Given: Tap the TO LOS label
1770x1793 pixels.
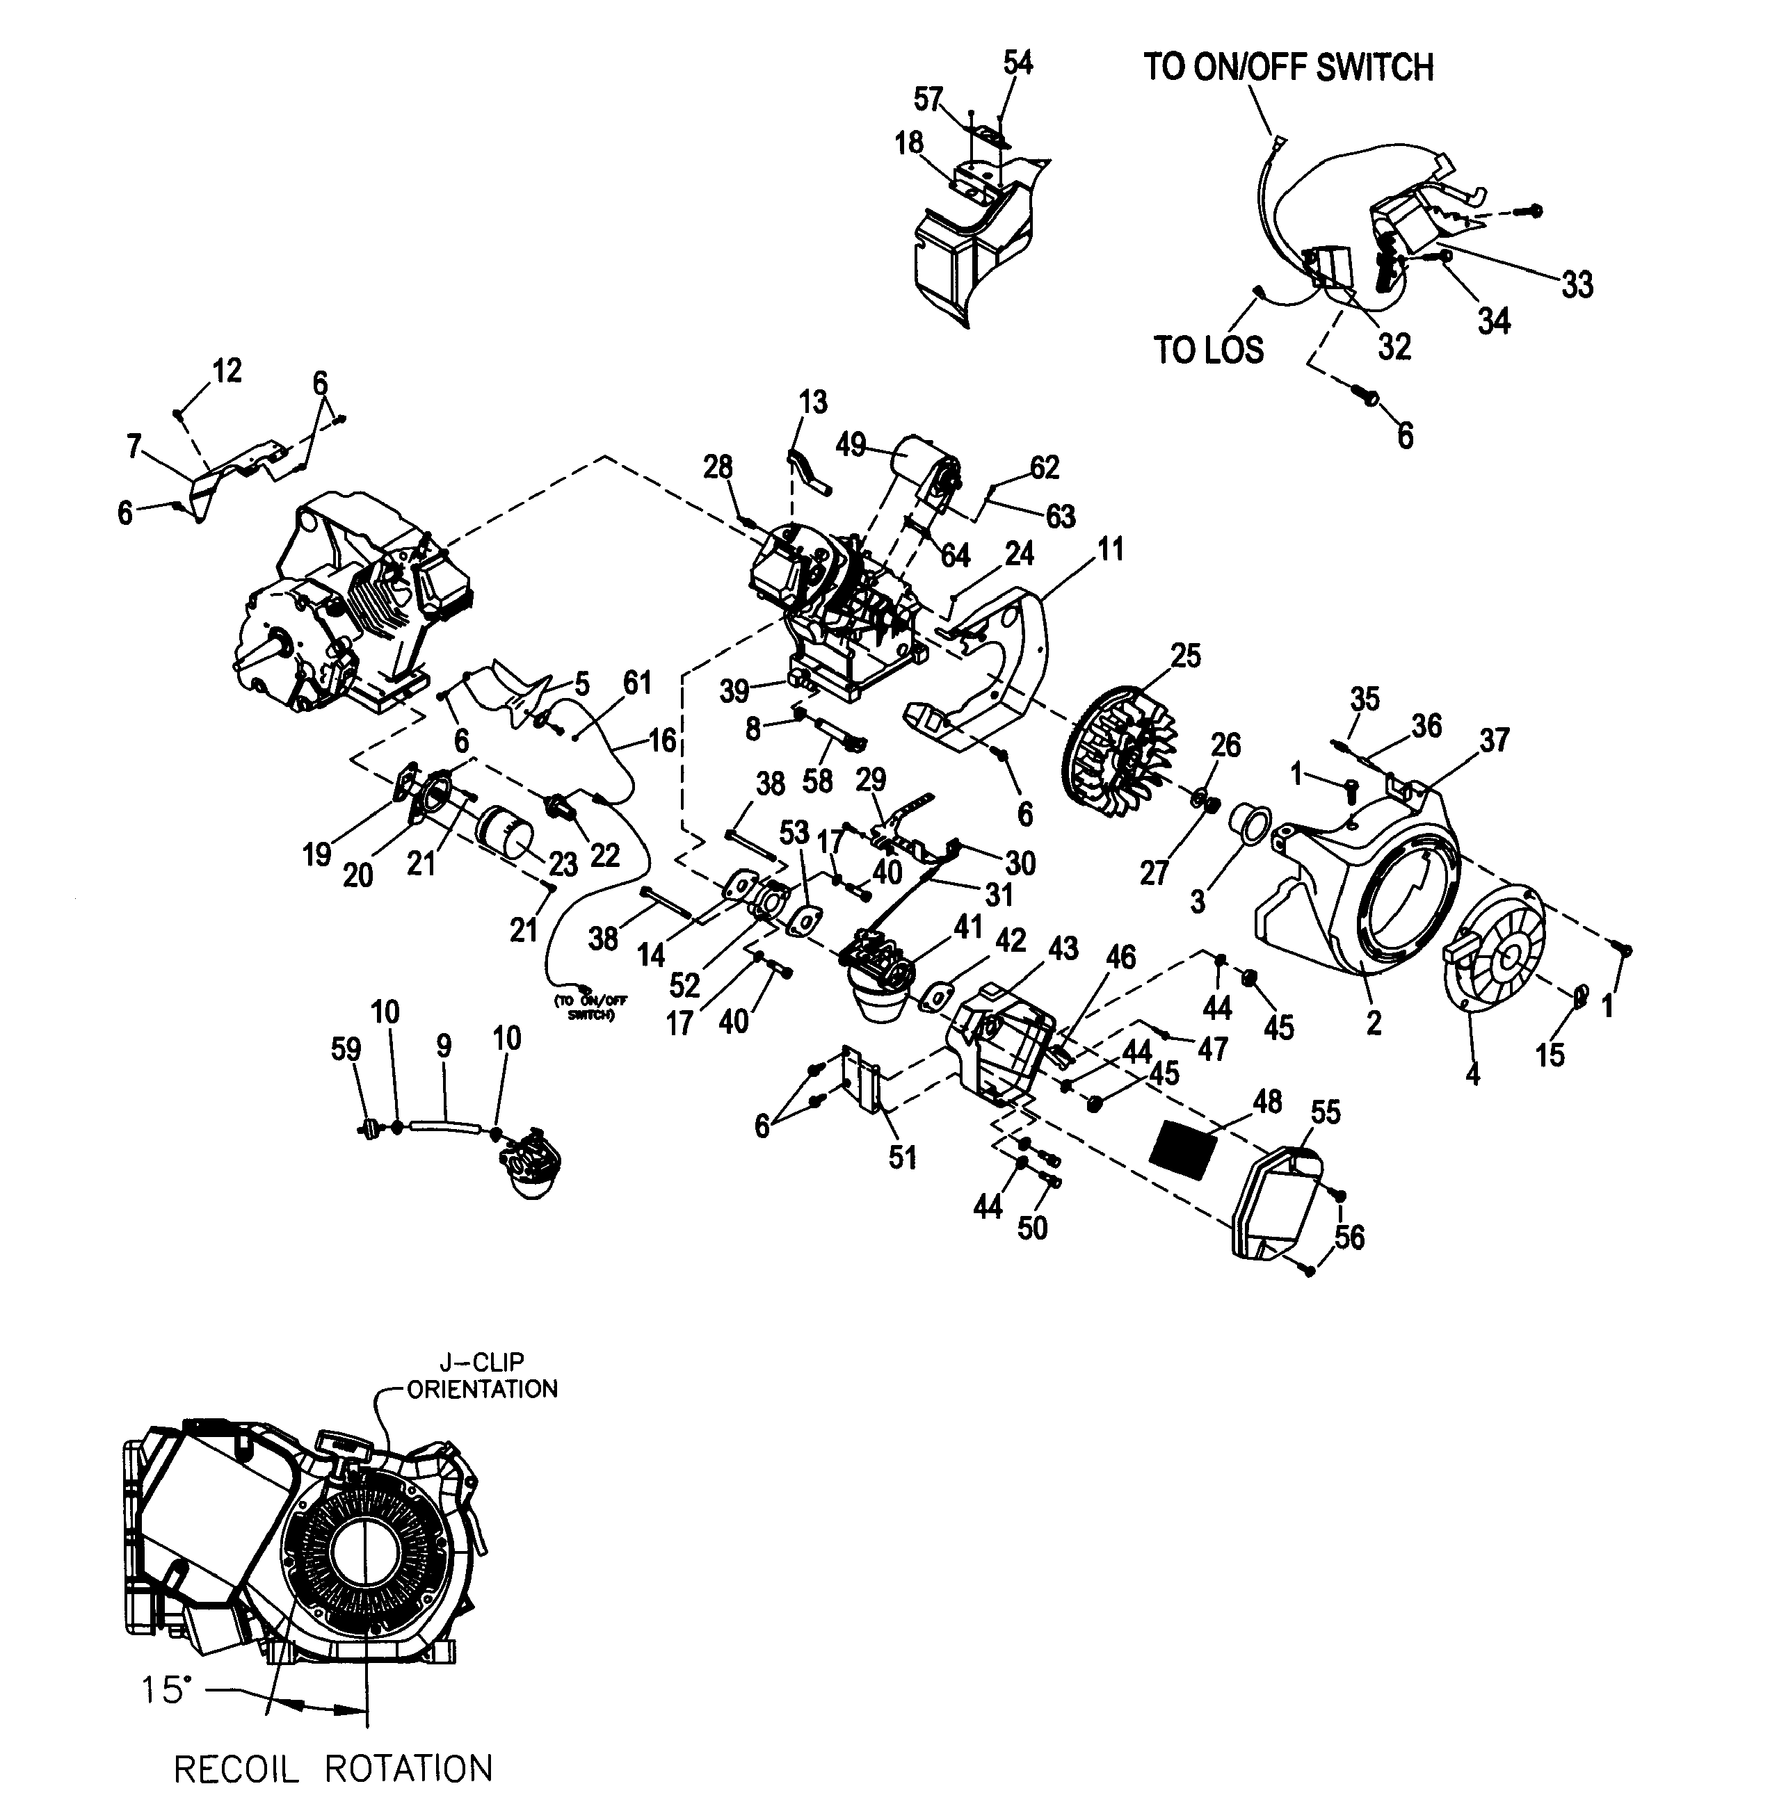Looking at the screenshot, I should point(1209,351).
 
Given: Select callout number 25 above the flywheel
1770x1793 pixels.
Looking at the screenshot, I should point(1185,656).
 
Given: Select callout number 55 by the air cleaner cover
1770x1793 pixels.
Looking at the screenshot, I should point(1326,1112).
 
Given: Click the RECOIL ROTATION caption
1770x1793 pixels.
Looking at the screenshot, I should point(333,1768).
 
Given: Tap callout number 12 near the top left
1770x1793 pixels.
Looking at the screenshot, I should point(227,371).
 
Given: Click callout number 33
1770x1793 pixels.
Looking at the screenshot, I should point(1576,285).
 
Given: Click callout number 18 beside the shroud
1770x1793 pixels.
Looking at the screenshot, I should point(909,143).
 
